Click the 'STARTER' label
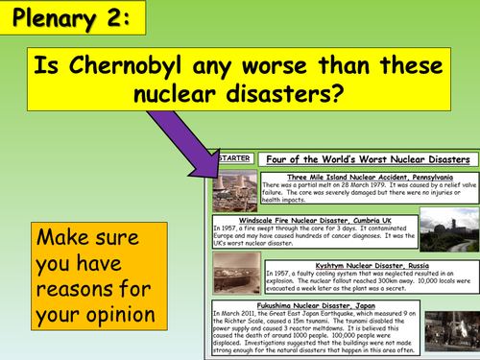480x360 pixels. coord(233,157)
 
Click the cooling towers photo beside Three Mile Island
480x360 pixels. coord(234,192)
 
